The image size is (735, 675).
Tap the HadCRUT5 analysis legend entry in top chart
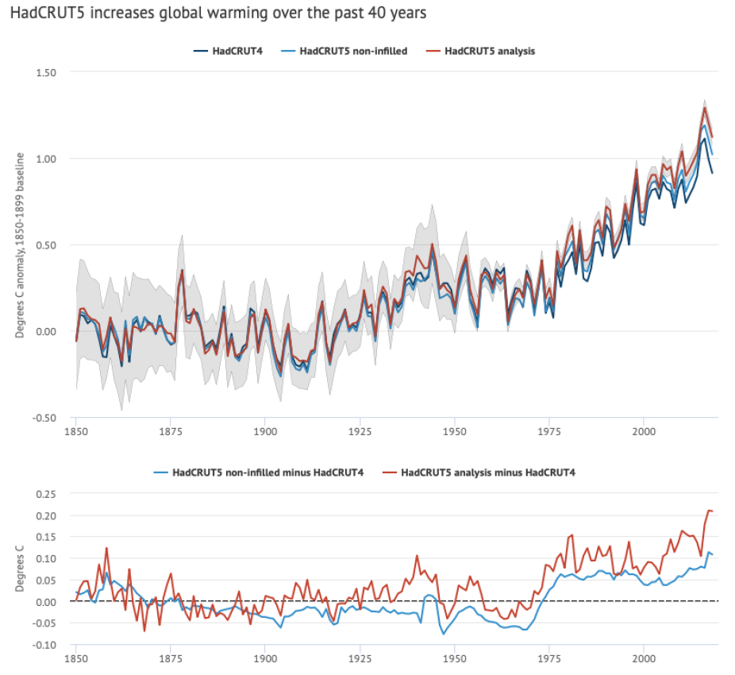489,52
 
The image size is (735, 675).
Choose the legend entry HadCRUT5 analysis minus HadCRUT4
487,472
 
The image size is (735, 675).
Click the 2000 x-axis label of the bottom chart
644,658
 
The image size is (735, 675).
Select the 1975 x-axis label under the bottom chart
549,658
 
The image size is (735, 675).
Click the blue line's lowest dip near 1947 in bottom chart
444,634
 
